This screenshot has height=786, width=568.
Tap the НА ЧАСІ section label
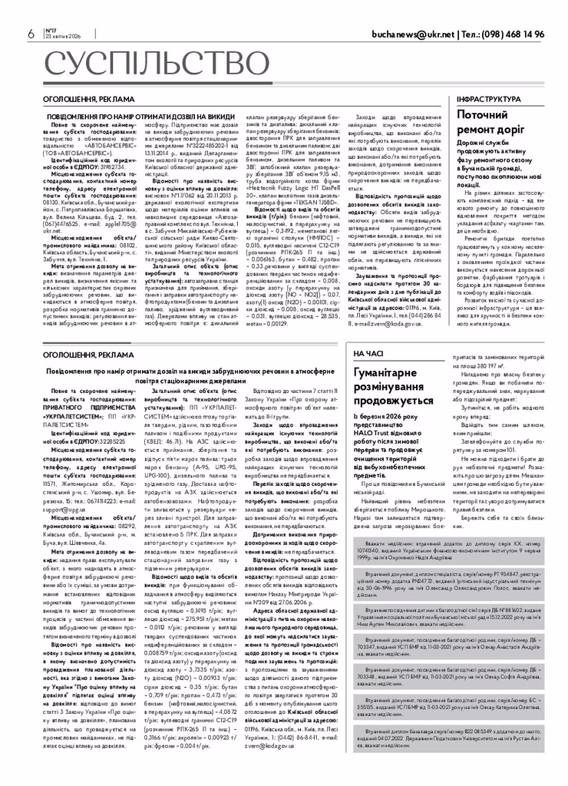tap(368, 352)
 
